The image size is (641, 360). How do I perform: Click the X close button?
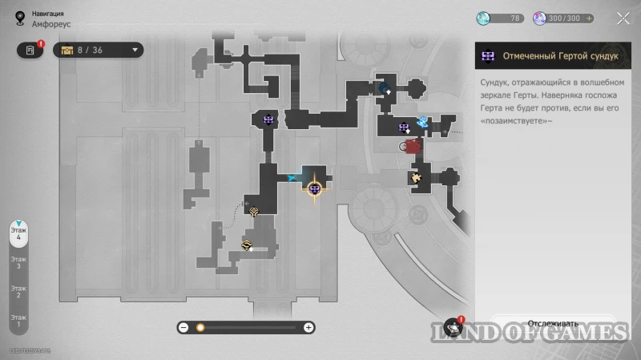pos(623,18)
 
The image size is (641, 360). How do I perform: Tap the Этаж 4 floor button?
pos(18,233)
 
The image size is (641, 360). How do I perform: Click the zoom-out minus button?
pos(183,327)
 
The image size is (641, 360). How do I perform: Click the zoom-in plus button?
pos(308,327)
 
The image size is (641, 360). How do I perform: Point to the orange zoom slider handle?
pos(200,327)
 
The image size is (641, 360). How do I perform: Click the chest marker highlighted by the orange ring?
pos(315,188)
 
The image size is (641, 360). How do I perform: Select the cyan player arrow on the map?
pos(292,178)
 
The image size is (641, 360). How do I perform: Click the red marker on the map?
pos(413,146)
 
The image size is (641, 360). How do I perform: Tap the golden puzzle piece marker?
pos(416,177)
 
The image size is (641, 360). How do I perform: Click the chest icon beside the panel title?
pos(487,56)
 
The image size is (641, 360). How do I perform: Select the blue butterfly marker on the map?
pos(422,122)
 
